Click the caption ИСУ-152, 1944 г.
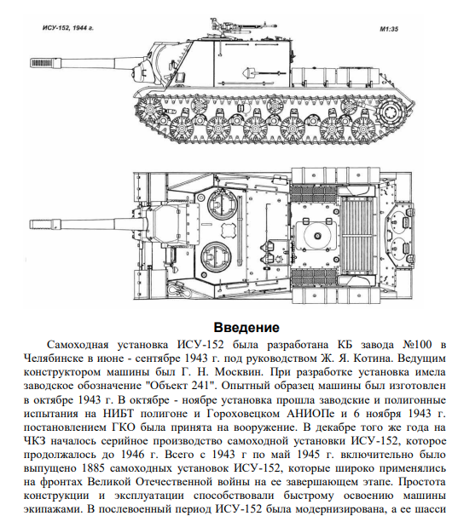pyautogui.click(x=68, y=28)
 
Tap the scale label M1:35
pyautogui.click(x=389, y=29)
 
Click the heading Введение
pyautogui.click(x=246, y=328)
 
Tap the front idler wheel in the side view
pyautogui.click(x=151, y=108)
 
